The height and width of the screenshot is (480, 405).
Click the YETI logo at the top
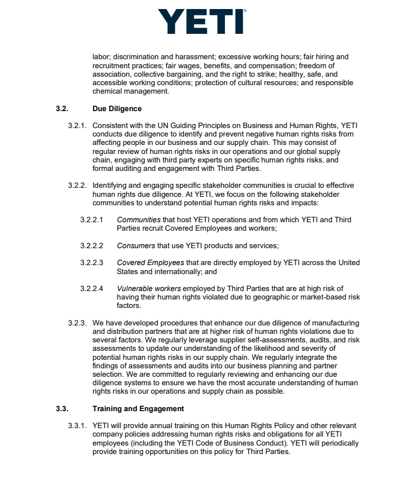[x=201, y=22]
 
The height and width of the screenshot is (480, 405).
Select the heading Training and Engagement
[x=138, y=408]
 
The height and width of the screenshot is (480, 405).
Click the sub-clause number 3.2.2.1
[x=92, y=219]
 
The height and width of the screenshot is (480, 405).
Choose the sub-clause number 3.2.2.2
[x=92, y=245]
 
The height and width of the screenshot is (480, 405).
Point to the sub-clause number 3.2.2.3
[x=92, y=263]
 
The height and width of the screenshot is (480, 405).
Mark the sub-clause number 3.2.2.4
[x=92, y=289]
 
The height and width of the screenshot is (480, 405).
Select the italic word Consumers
[x=136, y=245]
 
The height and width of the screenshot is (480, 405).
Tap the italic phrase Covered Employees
[x=150, y=263]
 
